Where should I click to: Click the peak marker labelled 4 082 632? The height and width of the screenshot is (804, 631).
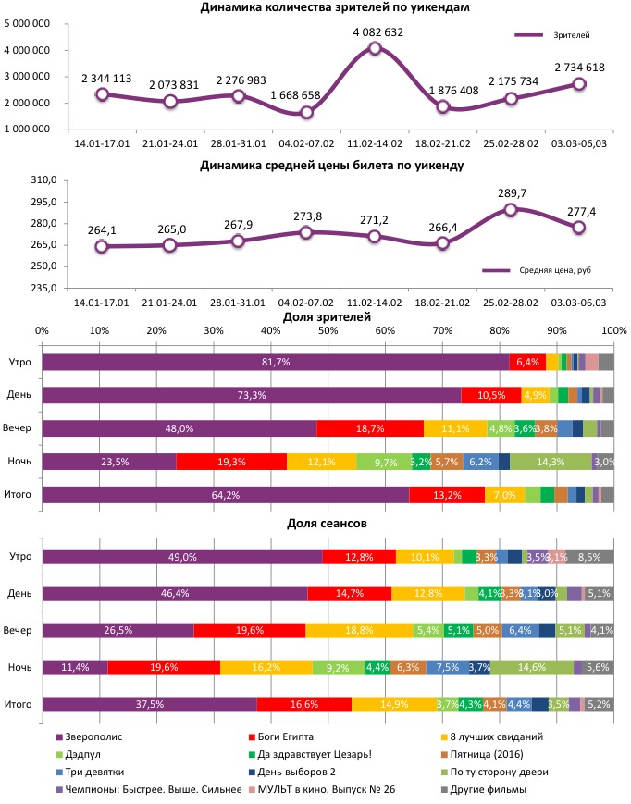[375, 48]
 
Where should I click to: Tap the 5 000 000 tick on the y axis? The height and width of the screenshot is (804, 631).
[28, 24]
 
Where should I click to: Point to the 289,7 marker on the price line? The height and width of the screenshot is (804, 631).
[511, 210]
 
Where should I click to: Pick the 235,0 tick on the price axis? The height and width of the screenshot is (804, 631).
[46, 288]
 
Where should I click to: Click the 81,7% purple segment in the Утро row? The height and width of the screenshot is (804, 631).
[276, 362]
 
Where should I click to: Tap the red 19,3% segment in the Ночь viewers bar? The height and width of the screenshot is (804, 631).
[231, 462]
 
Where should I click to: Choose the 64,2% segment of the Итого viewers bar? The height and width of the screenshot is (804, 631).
[225, 495]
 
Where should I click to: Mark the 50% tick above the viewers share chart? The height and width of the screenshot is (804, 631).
[328, 330]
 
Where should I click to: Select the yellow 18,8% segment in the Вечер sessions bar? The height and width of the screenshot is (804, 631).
[359, 630]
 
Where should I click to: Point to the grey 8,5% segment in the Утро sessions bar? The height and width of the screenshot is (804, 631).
[590, 557]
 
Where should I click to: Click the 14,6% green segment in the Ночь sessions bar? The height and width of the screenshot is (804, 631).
[531, 667]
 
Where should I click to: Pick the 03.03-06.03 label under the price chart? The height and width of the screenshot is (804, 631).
[579, 303]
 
